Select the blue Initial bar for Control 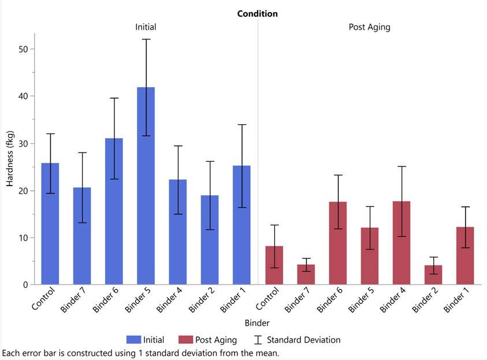50,225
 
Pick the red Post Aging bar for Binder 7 306,275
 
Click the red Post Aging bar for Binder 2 433,276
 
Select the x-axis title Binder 256,323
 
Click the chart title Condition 257,14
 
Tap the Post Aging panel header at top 370,27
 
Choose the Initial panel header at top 146,27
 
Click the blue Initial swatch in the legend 133,340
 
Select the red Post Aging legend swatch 186,340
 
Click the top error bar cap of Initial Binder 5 146,39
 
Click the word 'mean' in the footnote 267,352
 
